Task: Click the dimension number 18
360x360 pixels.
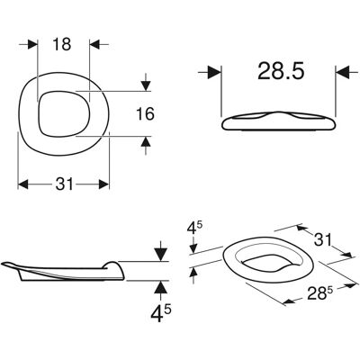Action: [62, 44]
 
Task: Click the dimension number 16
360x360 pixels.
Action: [146, 114]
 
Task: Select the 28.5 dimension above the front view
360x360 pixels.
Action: [281, 71]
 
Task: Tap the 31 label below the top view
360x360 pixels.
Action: [64, 184]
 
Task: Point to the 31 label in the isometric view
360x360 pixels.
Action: [323, 240]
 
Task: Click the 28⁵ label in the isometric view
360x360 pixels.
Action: [319, 292]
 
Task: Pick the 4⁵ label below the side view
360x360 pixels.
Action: [161, 313]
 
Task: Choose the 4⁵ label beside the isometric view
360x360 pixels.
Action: [194, 229]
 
